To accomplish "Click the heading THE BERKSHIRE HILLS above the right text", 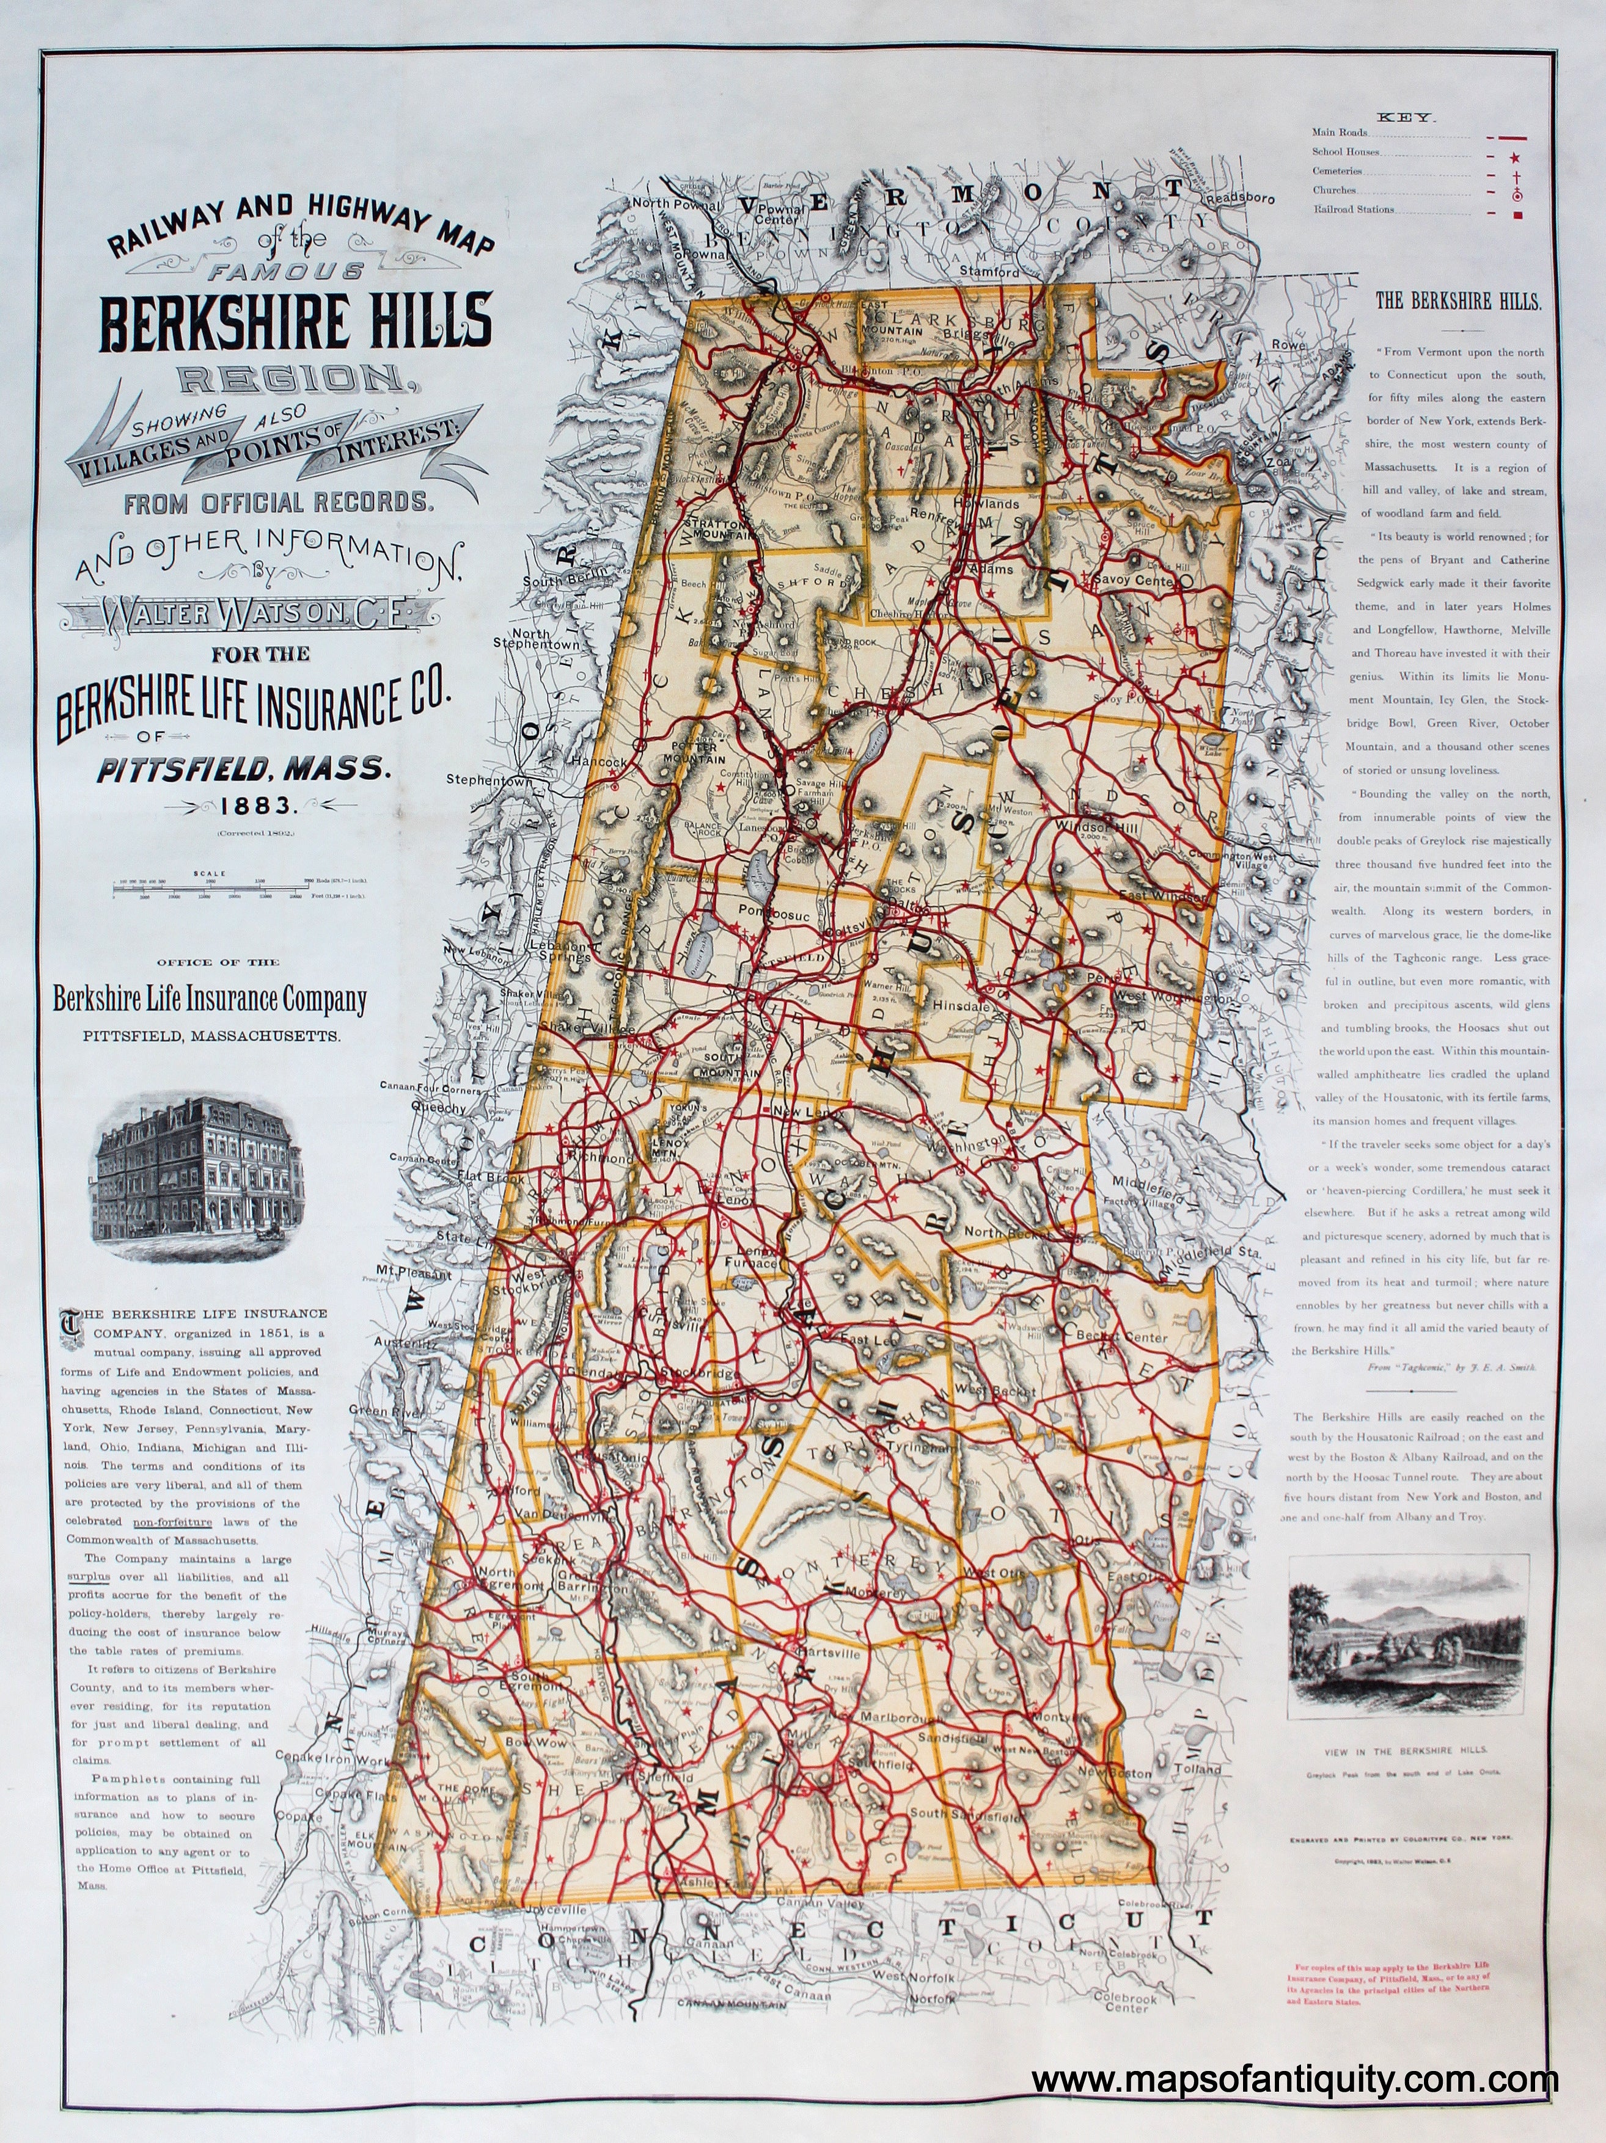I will [x=1458, y=301].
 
